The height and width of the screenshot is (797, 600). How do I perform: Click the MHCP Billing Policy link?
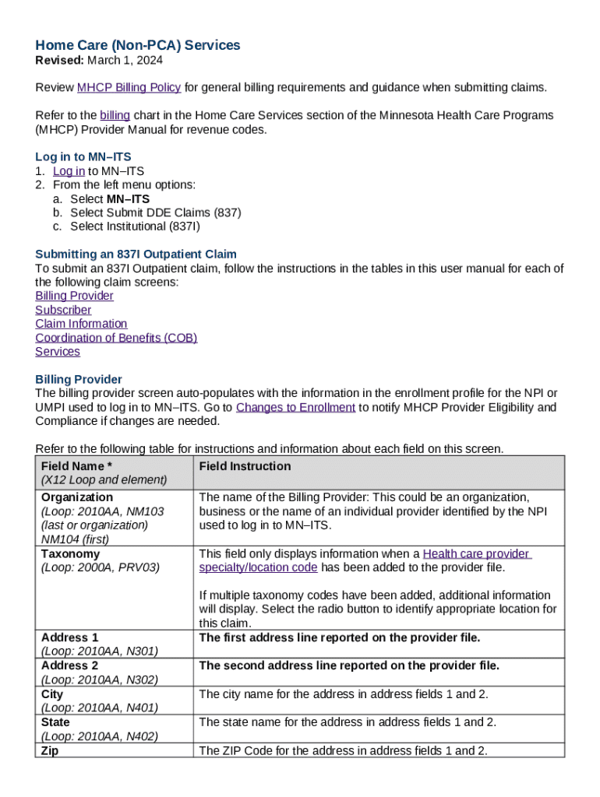click(129, 87)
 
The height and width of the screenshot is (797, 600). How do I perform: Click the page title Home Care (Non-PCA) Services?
click(137, 46)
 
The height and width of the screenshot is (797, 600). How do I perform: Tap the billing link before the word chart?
click(115, 115)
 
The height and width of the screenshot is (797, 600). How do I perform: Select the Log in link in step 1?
click(69, 171)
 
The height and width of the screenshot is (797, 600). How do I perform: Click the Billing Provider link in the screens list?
click(74, 296)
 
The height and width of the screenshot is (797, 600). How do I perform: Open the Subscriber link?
click(63, 310)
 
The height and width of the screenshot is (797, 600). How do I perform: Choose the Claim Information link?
click(81, 324)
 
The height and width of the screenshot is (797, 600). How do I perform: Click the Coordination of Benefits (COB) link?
click(116, 338)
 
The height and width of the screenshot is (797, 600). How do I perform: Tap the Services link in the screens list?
click(58, 352)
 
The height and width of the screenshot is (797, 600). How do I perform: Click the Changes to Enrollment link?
click(295, 408)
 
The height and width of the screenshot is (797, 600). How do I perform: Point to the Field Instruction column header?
click(245, 466)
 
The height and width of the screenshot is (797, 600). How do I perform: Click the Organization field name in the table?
click(77, 497)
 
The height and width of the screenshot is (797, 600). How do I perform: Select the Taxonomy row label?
click(71, 554)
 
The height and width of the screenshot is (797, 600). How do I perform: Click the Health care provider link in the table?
click(476, 554)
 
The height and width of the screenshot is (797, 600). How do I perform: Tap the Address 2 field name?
click(70, 666)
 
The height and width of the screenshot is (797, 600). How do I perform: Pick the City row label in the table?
click(53, 694)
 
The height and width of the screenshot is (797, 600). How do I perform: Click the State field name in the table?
click(56, 722)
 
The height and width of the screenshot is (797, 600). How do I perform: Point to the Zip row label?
click(50, 750)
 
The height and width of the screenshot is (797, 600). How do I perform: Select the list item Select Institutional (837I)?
click(136, 226)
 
